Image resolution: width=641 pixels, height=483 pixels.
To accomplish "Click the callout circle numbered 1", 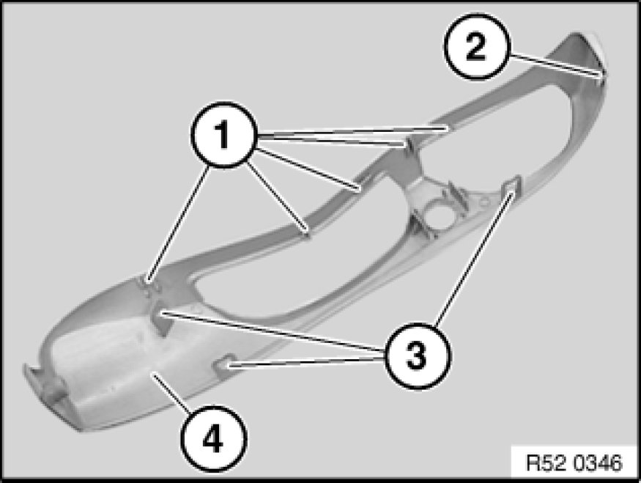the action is click(223, 135).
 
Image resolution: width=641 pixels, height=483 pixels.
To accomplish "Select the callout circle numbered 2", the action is click(477, 46).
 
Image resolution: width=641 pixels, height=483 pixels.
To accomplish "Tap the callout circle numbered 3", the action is click(417, 355).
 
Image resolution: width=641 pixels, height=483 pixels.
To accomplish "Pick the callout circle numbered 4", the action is click(213, 438).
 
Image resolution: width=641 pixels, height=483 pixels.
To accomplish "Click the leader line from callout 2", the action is click(555, 64).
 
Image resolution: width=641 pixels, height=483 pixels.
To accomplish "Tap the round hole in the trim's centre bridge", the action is click(435, 213).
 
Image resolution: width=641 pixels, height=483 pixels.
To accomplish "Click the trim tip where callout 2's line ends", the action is click(601, 75).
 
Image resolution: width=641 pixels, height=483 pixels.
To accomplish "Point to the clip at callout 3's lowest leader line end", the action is click(225, 363).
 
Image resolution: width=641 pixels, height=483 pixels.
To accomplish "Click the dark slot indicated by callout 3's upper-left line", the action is click(161, 320).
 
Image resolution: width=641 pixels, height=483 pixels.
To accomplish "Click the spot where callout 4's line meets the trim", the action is click(153, 373).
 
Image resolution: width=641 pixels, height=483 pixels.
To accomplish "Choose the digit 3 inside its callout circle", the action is click(417, 355).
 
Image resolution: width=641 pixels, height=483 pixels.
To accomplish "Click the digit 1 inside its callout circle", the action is click(223, 135).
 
